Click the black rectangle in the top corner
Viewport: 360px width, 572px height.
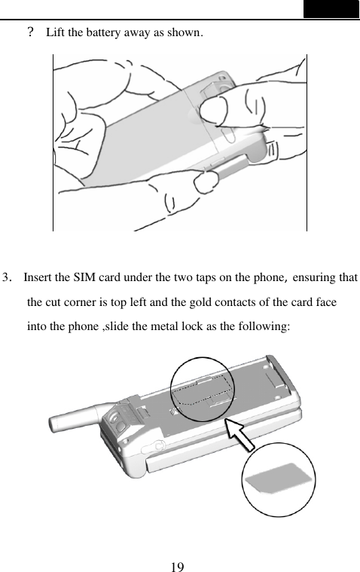coord(331,9)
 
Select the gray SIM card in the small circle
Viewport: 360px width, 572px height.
coord(277,481)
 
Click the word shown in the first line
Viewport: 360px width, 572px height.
coord(186,33)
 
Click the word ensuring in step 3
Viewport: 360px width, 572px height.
coord(312,277)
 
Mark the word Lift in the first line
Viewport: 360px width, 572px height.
coord(56,33)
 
